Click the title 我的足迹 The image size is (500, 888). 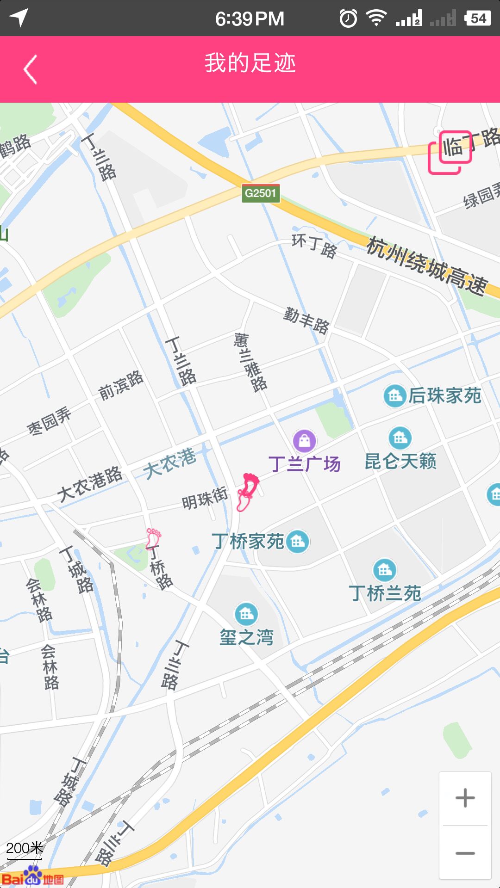coord(250,63)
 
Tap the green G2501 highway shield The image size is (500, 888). coord(261,193)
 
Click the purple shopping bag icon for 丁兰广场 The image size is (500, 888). coord(305,441)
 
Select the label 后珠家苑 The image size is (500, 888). coord(444,396)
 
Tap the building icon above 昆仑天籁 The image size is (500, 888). coord(400,438)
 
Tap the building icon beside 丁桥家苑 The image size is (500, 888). coord(297,541)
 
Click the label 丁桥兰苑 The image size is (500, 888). coord(385,593)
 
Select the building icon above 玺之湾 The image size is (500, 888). coord(246,614)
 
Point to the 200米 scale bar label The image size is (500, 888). coord(24,848)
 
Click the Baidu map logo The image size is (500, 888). coord(32,876)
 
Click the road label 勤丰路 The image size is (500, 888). coord(306,320)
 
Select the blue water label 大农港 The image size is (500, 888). coord(169,463)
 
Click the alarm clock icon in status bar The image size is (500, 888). coord(348,18)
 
